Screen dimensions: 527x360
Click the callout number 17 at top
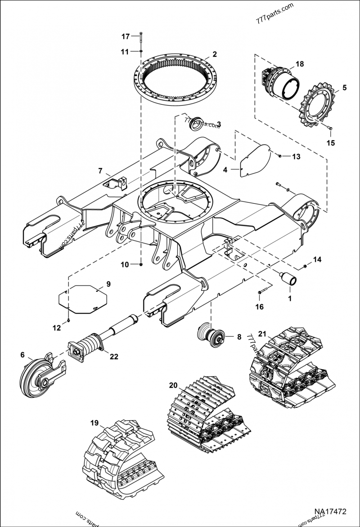125,36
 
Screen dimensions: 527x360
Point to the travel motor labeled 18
279,83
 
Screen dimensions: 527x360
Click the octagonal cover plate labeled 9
83,299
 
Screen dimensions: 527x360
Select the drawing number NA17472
330,512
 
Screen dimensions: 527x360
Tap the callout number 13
296,156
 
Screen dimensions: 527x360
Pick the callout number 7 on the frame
100,171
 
